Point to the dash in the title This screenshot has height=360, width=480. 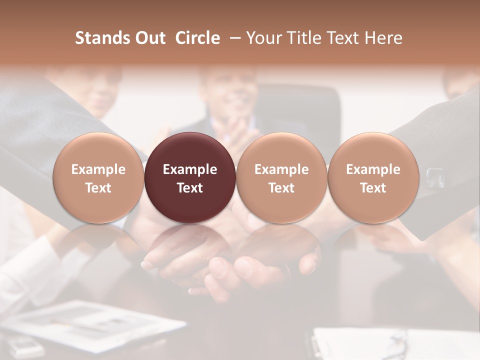[x=233, y=38]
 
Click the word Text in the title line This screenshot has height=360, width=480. [x=345, y=38]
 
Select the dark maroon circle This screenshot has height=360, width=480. [x=190, y=177]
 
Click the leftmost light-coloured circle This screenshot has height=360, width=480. [x=98, y=177]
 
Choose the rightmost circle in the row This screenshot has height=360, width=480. [x=373, y=177]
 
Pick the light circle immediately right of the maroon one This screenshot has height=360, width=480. [x=281, y=177]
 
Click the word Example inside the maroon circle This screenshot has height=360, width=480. [x=190, y=169]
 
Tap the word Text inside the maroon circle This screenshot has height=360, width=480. [x=190, y=188]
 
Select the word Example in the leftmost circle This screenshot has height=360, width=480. [x=98, y=169]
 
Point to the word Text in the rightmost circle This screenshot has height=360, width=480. [x=373, y=188]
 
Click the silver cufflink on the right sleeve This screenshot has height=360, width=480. [x=434, y=176]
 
